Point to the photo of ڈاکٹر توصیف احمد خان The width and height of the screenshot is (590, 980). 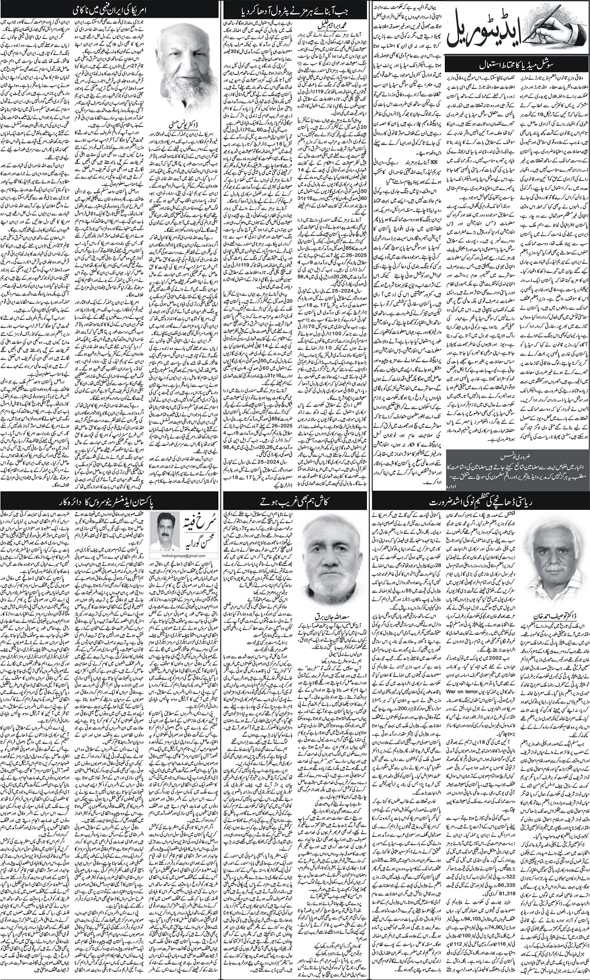(x=555, y=551)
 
